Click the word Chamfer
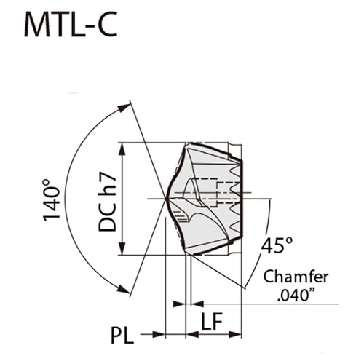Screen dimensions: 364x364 click(x=295, y=277)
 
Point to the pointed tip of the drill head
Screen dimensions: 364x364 click(x=167, y=198)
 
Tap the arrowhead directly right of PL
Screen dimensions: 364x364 click(x=161, y=334)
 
